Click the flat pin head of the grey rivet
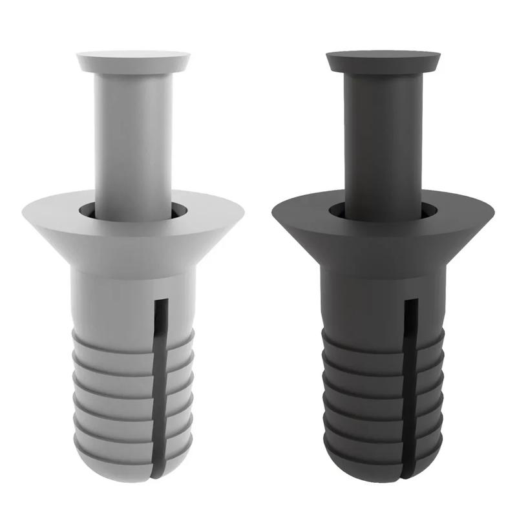[134, 61]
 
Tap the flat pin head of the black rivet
[383, 61]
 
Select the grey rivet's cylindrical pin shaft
[134, 142]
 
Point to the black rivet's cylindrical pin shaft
[383, 142]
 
